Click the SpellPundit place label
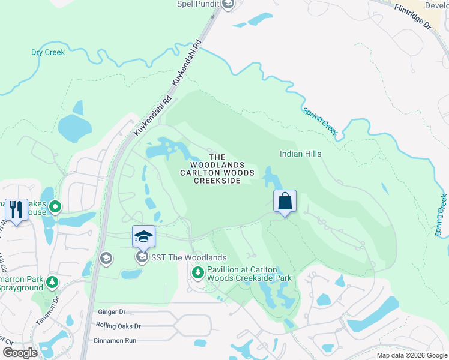tap(196, 4)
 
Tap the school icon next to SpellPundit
tap(228, 5)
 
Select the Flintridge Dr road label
tap(412, 16)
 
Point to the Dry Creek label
tap(48, 52)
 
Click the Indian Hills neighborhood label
tap(300, 154)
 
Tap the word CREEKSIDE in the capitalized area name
tap(217, 181)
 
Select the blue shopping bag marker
tap(285, 202)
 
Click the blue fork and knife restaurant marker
tap(16, 209)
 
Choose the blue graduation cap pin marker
tap(143, 236)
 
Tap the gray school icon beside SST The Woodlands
tap(142, 258)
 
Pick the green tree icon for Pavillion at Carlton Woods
tap(197, 274)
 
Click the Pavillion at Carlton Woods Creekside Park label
tap(249, 274)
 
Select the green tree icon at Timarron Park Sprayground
tap(53, 281)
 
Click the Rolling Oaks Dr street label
tap(118, 326)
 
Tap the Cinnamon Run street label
tap(115, 340)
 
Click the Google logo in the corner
tap(20, 352)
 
